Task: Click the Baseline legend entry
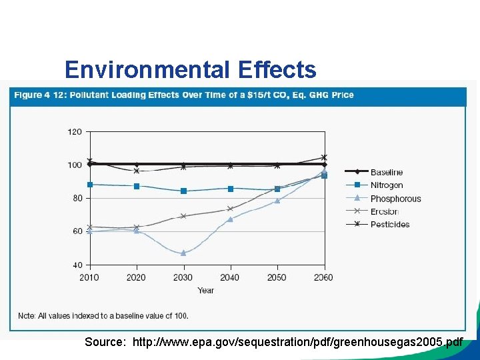[x=386, y=173]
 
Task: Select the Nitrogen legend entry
[x=386, y=185]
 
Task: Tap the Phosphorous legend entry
[x=395, y=199]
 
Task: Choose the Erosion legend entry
[x=385, y=211]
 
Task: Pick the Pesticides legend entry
[x=390, y=224]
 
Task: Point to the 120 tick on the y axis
[x=75, y=132]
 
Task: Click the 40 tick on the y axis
[x=77, y=265]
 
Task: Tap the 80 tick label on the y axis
[x=77, y=198]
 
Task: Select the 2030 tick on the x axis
[x=183, y=277]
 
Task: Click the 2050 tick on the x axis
[x=277, y=277]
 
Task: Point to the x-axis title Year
[x=206, y=291]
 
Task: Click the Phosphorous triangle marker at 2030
[x=183, y=253]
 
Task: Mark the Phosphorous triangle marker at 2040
[x=230, y=219]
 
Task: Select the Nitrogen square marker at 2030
[x=183, y=191]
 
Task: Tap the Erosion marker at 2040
[x=230, y=209]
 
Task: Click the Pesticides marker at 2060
[x=324, y=157]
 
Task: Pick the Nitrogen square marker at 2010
[x=90, y=184]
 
